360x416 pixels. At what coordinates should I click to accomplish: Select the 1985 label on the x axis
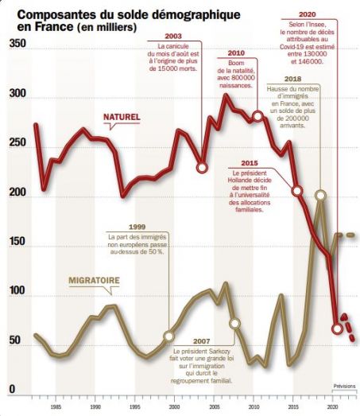tap(56, 406)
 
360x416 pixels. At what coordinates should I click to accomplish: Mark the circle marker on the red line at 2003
tap(202, 168)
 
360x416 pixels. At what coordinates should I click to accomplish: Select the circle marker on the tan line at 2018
tap(320, 195)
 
